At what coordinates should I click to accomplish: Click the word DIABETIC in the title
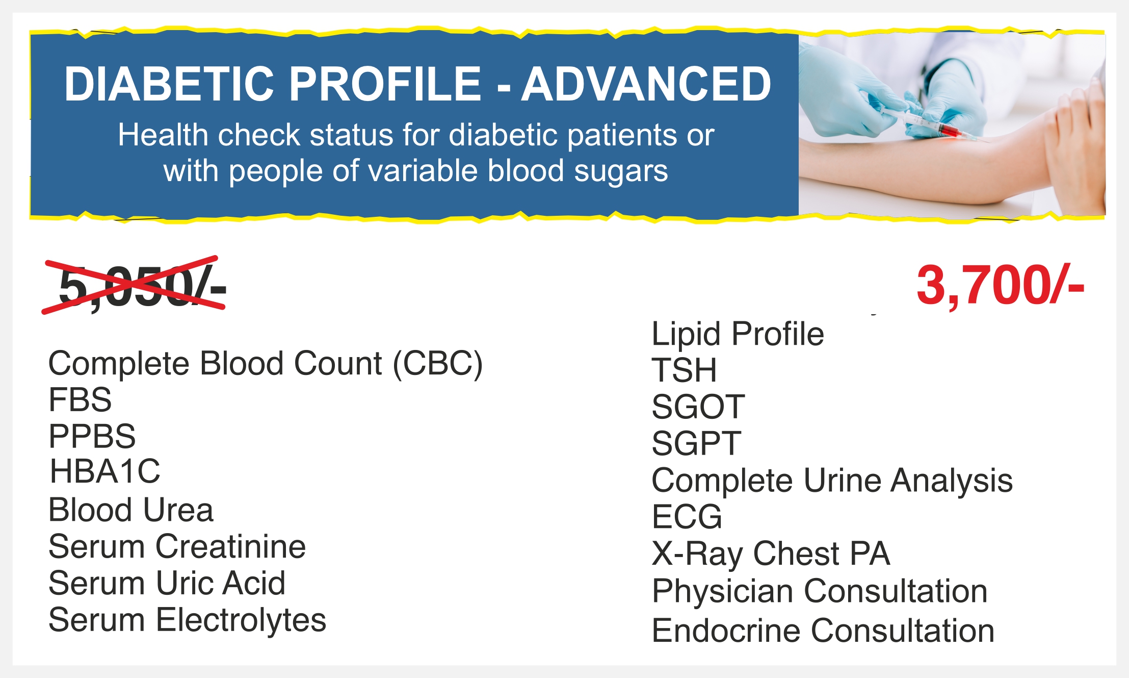click(x=169, y=84)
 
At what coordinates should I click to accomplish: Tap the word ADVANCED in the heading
click(x=646, y=84)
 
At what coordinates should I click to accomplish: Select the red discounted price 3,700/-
click(x=1000, y=286)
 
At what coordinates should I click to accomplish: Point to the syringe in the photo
click(x=925, y=123)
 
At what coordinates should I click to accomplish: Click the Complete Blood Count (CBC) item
click(x=265, y=364)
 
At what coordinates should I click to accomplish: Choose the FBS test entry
click(x=80, y=399)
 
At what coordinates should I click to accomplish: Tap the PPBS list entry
click(x=92, y=436)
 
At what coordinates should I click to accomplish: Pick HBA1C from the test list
click(x=105, y=471)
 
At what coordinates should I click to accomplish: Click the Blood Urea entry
click(x=131, y=510)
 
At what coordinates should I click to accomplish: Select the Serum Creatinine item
click(x=177, y=546)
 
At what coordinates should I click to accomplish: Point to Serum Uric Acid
click(x=167, y=583)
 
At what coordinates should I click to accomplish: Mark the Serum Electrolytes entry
click(x=187, y=620)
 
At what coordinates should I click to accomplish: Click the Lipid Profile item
click(x=738, y=334)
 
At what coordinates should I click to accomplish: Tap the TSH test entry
click(x=684, y=370)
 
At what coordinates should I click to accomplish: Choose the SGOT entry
click(x=698, y=407)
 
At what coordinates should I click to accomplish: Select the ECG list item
click(x=687, y=517)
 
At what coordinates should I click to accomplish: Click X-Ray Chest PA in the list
click(x=771, y=554)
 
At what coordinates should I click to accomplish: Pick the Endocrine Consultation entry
click(x=823, y=631)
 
